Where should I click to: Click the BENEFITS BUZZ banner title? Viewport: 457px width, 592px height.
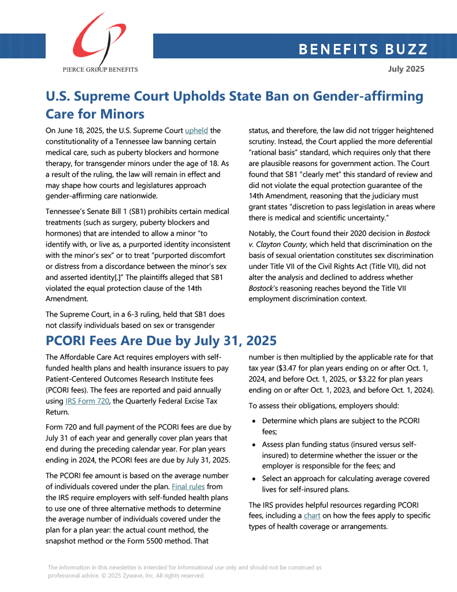coord(363,49)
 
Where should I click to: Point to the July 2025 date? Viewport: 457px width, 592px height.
coord(406,69)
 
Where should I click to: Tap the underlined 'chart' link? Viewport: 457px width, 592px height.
coord(313,516)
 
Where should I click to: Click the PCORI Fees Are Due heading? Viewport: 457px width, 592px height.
coord(161,340)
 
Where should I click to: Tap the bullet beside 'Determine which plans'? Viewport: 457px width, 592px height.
coord(254,421)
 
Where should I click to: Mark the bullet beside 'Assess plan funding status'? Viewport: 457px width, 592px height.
coord(254,445)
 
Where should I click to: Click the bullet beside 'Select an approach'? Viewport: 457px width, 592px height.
coord(254,479)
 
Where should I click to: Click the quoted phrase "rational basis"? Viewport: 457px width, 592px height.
coord(270,153)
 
